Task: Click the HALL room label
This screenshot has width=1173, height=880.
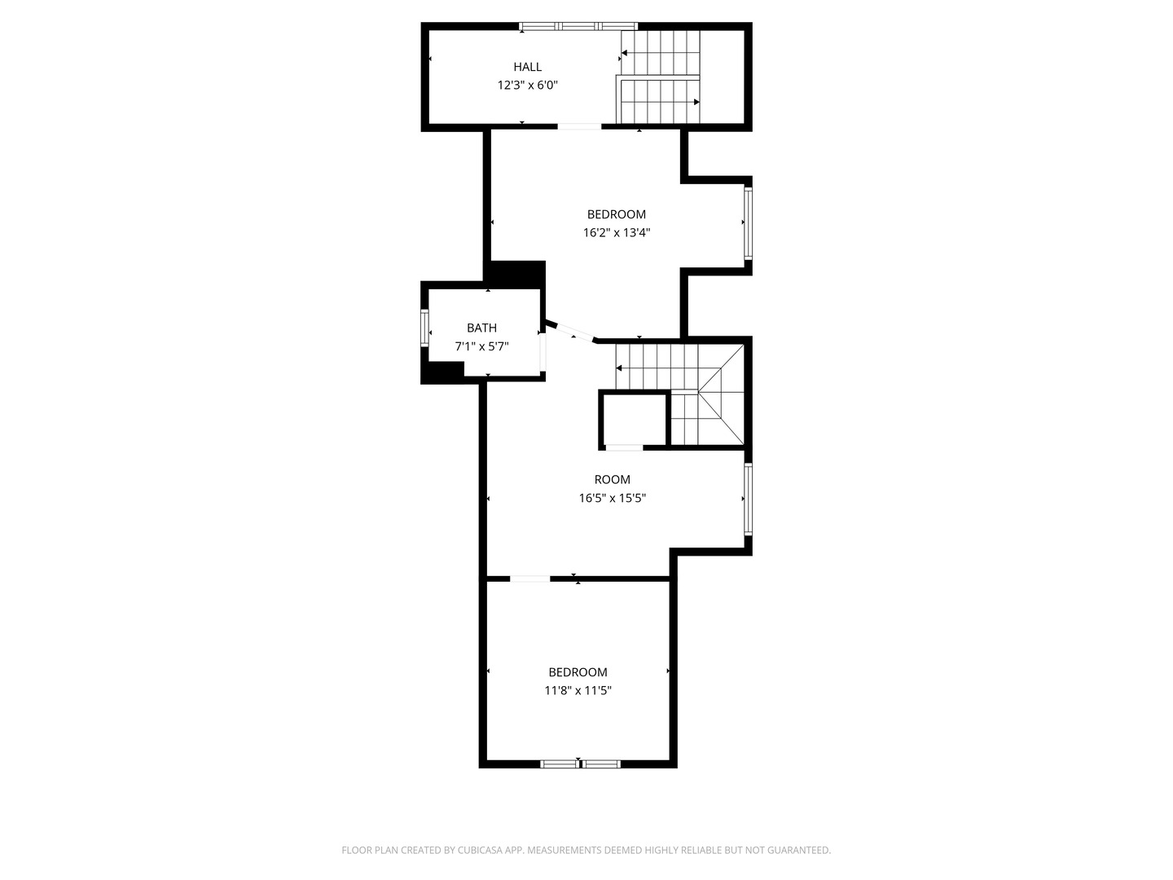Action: [x=527, y=67]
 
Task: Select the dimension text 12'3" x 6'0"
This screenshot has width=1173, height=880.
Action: [x=527, y=85]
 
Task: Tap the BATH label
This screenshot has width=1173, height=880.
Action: [x=481, y=328]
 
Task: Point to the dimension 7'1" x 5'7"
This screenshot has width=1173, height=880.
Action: [x=481, y=346]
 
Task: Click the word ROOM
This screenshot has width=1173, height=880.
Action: [x=612, y=479]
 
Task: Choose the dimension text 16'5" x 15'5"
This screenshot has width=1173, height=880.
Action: [x=612, y=498]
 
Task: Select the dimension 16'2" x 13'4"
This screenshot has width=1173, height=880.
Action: [x=616, y=232]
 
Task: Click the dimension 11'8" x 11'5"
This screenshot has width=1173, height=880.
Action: [x=578, y=690]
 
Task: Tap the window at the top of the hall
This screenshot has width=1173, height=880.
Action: [x=578, y=27]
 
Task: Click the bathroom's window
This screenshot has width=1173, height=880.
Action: [x=424, y=328]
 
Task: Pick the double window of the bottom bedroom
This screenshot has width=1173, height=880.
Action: [x=581, y=763]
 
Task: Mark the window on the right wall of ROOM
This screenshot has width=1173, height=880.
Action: [x=748, y=499]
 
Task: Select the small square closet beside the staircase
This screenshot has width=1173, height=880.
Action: [x=634, y=419]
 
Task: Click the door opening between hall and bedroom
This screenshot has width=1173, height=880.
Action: [x=579, y=126]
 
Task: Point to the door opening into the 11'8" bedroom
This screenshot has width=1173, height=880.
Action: [x=529, y=579]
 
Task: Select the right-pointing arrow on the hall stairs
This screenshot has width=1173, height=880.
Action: [x=696, y=102]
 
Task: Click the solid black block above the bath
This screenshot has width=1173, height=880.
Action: [x=516, y=273]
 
